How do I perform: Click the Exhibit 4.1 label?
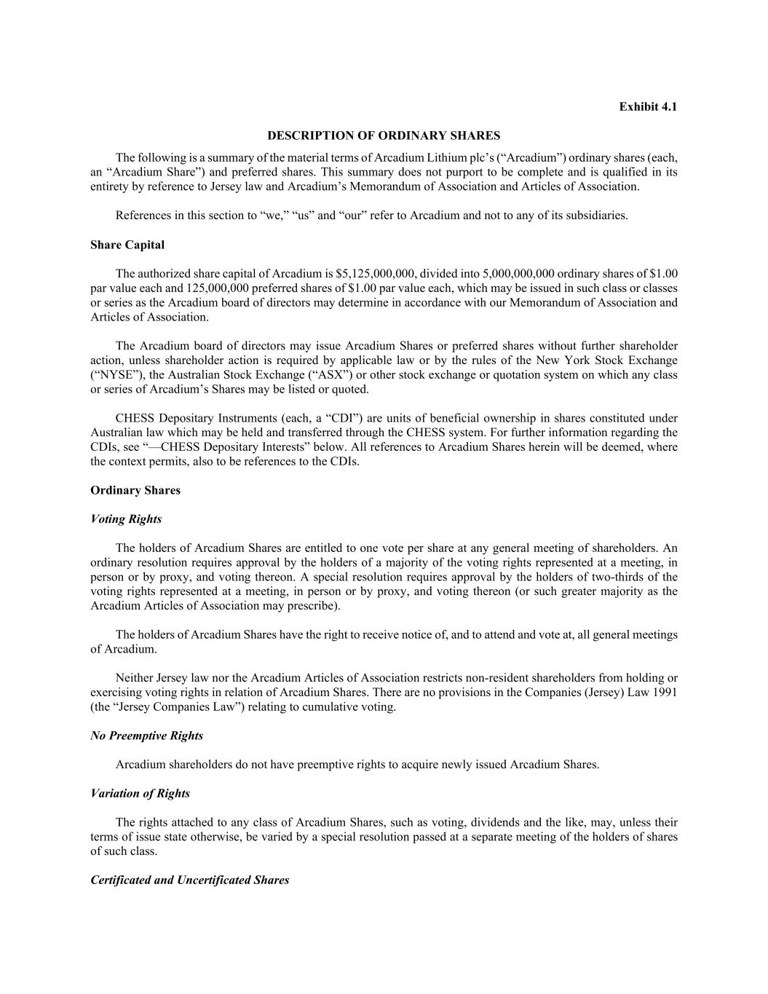[x=648, y=106]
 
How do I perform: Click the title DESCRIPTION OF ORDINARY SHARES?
[x=384, y=135]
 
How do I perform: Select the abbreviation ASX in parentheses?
[x=328, y=375]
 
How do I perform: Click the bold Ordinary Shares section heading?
[x=135, y=490]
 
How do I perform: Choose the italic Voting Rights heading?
[x=126, y=519]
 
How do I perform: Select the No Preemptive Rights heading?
[x=147, y=735]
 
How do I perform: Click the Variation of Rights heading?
[x=140, y=793]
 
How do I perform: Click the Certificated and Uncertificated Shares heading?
[x=190, y=880]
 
